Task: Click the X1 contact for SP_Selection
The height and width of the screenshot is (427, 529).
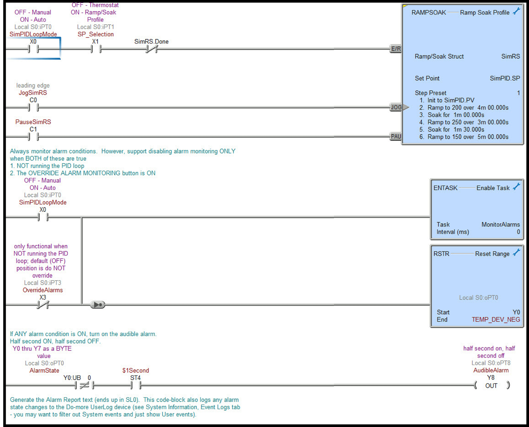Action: click(96, 49)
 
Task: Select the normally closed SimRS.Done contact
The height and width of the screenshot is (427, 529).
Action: click(151, 49)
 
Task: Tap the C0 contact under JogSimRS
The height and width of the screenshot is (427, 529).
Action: click(33, 107)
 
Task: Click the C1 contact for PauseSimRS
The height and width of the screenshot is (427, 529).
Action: click(33, 136)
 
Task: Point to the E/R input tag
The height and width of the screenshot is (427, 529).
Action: click(396, 49)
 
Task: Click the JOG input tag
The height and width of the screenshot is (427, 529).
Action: click(396, 107)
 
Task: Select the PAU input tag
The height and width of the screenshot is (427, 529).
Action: click(396, 136)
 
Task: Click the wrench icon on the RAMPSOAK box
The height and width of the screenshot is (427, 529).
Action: click(516, 11)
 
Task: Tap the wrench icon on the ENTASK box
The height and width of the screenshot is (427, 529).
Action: click(516, 187)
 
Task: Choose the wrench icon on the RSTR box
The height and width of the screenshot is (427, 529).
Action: click(516, 253)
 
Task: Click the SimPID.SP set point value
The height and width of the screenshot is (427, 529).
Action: click(505, 78)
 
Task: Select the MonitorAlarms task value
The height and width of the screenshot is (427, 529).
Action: click(500, 224)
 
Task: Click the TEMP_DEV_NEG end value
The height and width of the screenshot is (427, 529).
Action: click(496, 319)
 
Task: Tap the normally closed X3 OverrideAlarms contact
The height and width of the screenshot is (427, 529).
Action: click(43, 305)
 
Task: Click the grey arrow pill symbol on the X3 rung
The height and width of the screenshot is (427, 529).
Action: click(98, 305)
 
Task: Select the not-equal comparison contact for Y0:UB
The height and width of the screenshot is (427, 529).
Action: click(84, 385)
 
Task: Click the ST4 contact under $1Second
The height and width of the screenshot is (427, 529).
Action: click(136, 385)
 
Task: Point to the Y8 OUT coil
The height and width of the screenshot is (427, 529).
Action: click(491, 385)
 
